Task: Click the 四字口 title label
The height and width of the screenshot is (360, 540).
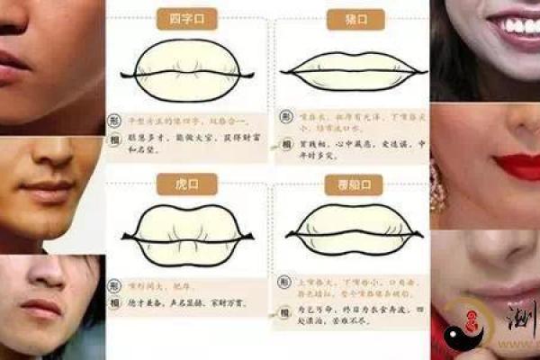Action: (x=186, y=18)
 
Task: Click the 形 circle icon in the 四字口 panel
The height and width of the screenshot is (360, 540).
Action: (x=115, y=119)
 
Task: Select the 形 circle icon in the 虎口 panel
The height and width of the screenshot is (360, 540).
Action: (x=115, y=281)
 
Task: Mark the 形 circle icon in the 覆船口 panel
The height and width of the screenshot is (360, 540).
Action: (x=283, y=282)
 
